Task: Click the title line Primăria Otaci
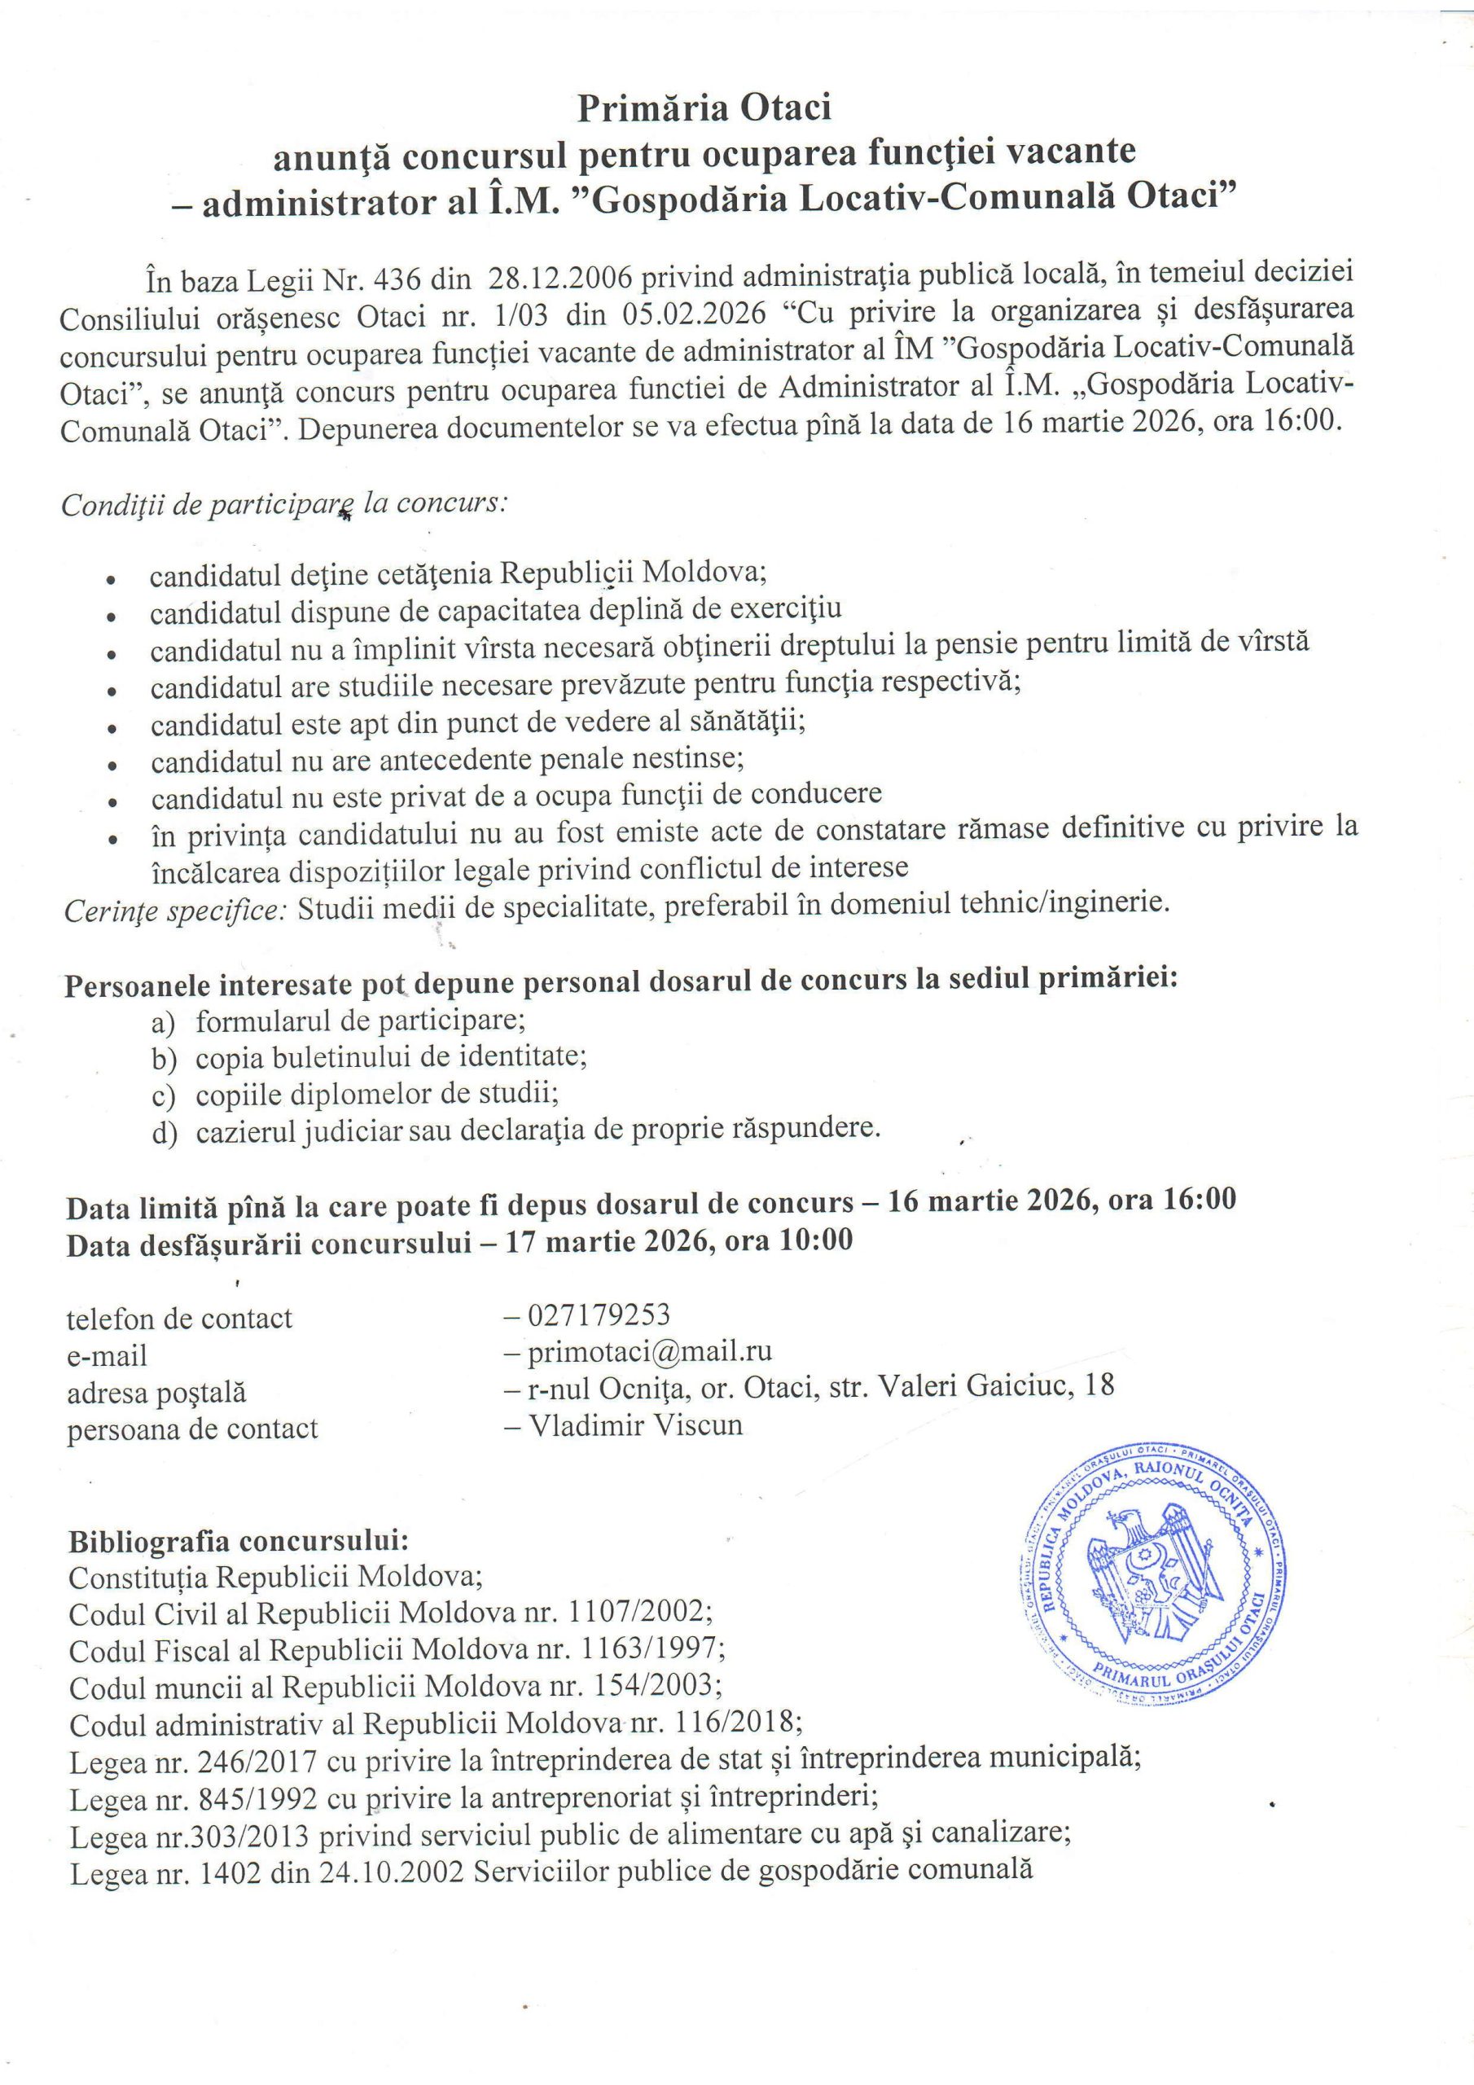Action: tap(704, 109)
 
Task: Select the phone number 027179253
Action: tap(598, 1314)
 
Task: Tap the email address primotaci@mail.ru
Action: tap(649, 1350)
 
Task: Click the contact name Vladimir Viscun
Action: tap(635, 1424)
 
